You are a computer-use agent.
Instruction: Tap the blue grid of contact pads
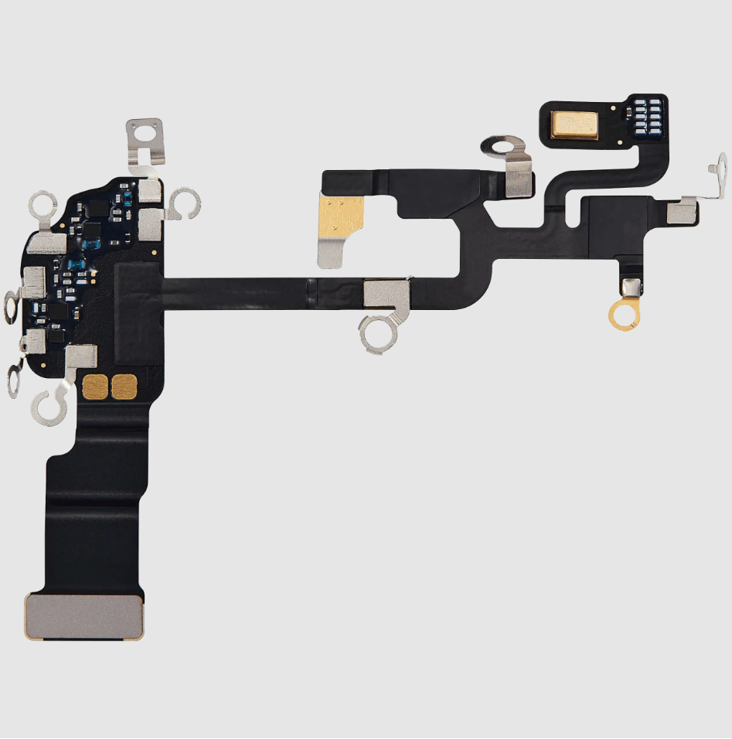[x=649, y=117]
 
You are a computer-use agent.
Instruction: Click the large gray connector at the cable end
[x=84, y=616]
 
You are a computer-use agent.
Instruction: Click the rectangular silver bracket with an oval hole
[x=146, y=133]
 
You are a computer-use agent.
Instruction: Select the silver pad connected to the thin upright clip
[x=681, y=210]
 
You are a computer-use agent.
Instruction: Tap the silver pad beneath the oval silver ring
[x=518, y=180]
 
